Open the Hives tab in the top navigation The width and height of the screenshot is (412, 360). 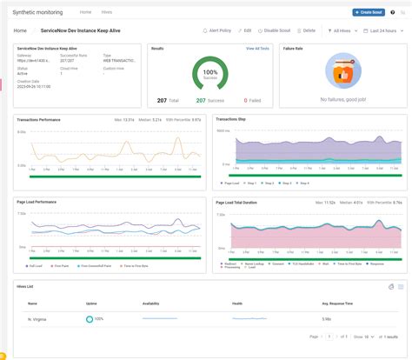click(107, 13)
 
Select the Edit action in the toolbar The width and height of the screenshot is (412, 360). click(246, 30)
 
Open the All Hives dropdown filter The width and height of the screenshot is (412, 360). click(342, 30)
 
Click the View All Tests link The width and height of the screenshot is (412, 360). click(257, 49)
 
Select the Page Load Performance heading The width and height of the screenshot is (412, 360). click(37, 202)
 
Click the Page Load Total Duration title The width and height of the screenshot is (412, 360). click(239, 202)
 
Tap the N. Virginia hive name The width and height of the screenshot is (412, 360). click(37, 320)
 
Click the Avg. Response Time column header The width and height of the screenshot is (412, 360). click(338, 303)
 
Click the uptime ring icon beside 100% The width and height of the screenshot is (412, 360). click(90, 320)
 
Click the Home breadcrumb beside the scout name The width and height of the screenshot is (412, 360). click(20, 30)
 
